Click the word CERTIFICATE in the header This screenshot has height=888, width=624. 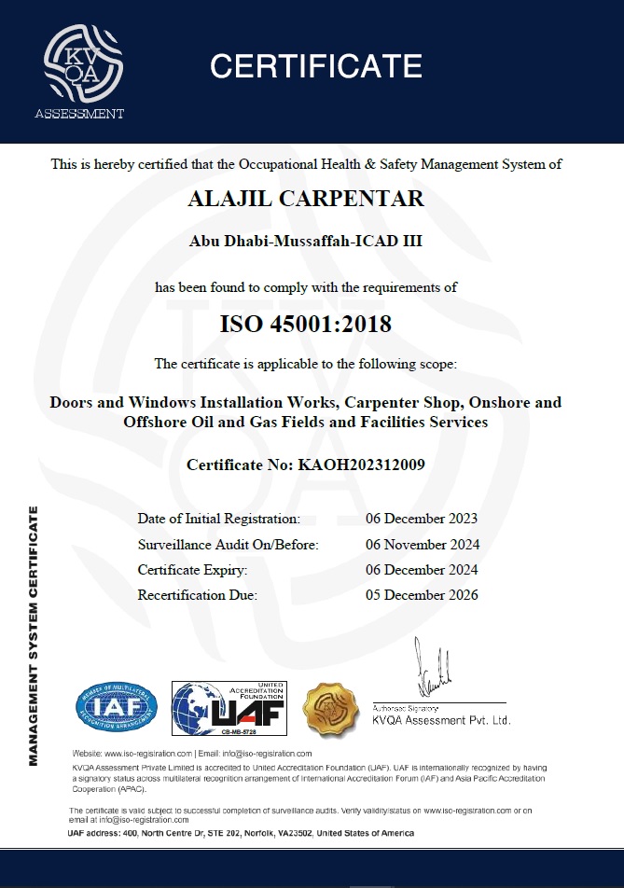click(315, 66)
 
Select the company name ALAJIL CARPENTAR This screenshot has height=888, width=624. click(306, 199)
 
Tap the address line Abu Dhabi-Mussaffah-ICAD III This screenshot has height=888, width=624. click(306, 241)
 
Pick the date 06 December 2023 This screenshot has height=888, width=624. click(422, 519)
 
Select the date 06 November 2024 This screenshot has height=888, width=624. click(422, 544)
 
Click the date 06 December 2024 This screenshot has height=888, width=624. click(422, 569)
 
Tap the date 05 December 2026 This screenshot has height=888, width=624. click(422, 594)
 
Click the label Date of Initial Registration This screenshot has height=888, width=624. click(218, 519)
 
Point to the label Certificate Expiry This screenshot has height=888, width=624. click(193, 569)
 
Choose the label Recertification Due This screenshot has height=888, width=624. click(197, 594)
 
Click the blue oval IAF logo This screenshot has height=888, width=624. click(117, 708)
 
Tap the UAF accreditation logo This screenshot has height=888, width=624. click(228, 707)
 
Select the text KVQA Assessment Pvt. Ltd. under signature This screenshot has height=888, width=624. click(441, 720)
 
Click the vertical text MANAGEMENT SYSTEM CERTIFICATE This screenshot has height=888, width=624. click(34, 634)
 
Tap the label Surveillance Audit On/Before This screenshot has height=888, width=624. click(228, 544)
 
